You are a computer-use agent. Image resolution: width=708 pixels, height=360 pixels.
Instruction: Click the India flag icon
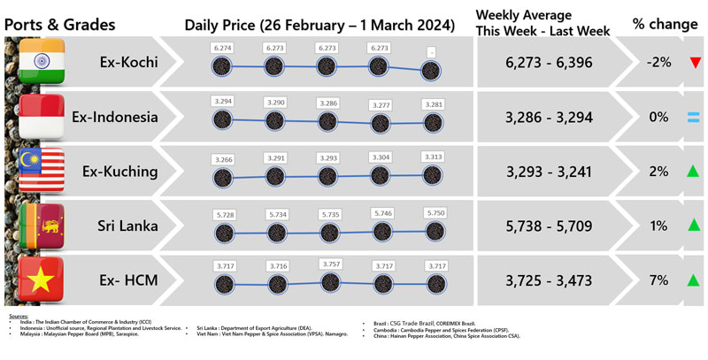[x=41, y=63]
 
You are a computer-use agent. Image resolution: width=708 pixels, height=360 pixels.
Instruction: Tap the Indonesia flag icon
[x=41, y=117]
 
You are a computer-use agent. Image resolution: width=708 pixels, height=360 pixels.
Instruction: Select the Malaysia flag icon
[x=41, y=171]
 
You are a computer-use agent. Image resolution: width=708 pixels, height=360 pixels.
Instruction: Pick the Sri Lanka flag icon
[x=41, y=226]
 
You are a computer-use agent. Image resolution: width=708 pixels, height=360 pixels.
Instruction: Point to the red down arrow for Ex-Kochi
[x=695, y=63]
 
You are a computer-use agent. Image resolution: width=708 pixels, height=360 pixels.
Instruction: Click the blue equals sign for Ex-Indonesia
[x=695, y=117]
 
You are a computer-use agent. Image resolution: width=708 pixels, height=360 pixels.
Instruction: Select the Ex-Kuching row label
[x=117, y=171]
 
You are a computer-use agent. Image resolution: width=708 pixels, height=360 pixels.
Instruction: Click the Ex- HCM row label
[x=120, y=280]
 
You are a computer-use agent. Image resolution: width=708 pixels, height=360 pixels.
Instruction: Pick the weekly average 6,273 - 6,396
[x=545, y=63]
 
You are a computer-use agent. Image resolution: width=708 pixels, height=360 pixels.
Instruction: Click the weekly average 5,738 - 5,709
[x=545, y=226]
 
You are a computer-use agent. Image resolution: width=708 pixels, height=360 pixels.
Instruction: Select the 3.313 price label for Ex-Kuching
[x=433, y=156]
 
